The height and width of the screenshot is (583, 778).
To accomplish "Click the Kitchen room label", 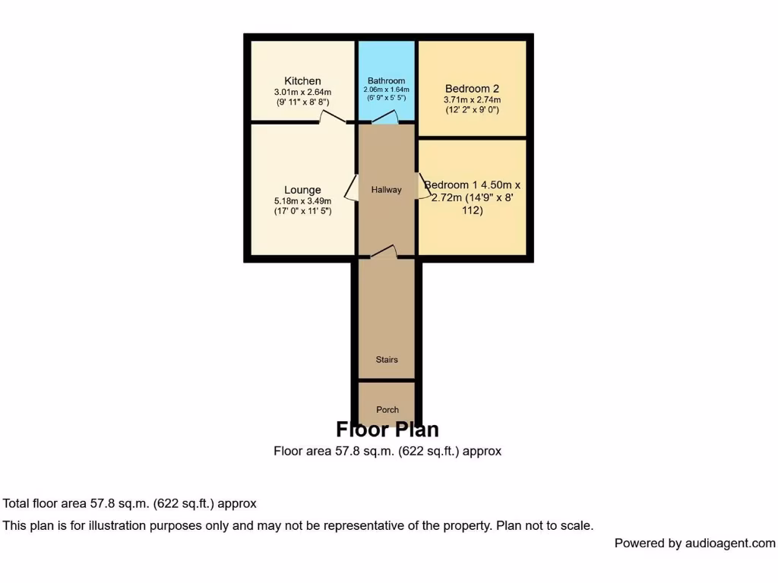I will (x=302, y=81).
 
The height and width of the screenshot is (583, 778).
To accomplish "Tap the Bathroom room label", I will (x=387, y=80).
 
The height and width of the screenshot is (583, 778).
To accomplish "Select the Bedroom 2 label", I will (x=472, y=88).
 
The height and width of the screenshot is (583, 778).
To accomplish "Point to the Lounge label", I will (x=302, y=190).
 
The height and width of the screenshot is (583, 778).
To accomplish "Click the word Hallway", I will (x=386, y=190).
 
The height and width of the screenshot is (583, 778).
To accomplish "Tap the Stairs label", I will (x=386, y=359).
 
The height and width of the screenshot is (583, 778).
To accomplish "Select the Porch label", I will (x=387, y=410).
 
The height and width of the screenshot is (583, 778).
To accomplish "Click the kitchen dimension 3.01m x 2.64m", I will (x=302, y=93).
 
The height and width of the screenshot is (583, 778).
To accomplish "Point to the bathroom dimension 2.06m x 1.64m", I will (x=387, y=90).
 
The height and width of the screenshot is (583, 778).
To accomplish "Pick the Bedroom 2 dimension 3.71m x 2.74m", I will (x=472, y=99).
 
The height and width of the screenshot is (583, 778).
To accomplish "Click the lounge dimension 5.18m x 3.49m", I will (x=302, y=201).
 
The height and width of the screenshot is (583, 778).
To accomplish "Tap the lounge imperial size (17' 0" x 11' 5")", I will (x=302, y=212).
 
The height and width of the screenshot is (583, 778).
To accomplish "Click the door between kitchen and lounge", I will (x=332, y=118).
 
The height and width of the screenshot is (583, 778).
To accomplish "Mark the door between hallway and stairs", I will (x=385, y=252).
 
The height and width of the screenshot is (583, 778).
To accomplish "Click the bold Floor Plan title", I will (x=387, y=430).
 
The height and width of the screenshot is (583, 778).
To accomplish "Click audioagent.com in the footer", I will (x=730, y=543).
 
